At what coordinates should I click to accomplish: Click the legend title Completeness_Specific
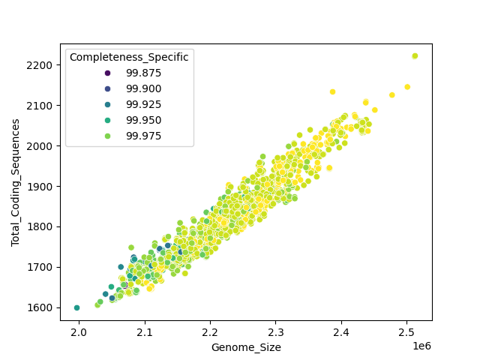pyautogui.click(x=129, y=56)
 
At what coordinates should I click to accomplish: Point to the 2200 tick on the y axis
pyautogui.click(x=42, y=65)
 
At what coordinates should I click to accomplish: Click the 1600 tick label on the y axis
pyautogui.click(x=42, y=307)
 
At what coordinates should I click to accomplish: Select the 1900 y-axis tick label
pyautogui.click(x=42, y=186)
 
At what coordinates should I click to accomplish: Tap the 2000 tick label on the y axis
pyautogui.click(x=42, y=145)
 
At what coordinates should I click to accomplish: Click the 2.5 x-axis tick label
pyautogui.click(x=406, y=331)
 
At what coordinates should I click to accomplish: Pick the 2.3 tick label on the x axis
pyautogui.click(x=275, y=331)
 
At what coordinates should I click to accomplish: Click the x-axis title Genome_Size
pyautogui.click(x=246, y=347)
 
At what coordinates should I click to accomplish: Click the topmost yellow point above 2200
pyautogui.click(x=415, y=56)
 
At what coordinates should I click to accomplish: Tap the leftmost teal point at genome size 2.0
pyautogui.click(x=76, y=307)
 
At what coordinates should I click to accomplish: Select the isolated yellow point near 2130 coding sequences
pyautogui.click(x=332, y=91)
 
